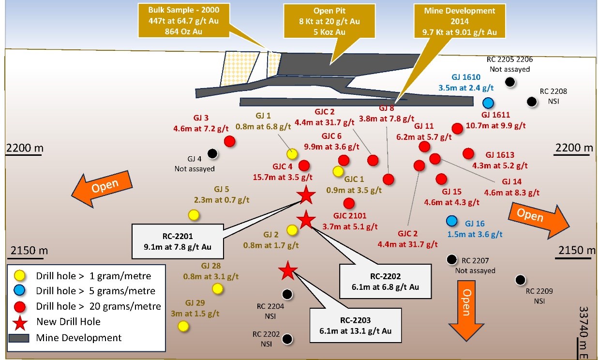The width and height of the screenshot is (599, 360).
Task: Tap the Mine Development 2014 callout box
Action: pos(459,19)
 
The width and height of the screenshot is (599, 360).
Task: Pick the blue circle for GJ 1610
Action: pos(488,103)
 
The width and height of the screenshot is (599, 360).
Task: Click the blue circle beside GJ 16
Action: pos(452,221)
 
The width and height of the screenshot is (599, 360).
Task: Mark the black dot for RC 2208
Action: pos(532,101)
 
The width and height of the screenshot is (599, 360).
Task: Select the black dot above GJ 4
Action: pos(212,153)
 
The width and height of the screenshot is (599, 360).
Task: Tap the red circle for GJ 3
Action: pos(229,141)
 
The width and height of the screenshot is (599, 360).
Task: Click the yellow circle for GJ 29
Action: pos(183,326)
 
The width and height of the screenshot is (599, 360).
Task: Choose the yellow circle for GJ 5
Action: pos(194,214)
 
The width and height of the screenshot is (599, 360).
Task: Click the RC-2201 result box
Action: pos(178,241)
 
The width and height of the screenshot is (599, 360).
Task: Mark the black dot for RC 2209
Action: pos(521,279)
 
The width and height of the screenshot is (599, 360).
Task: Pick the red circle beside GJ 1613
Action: pos(468,153)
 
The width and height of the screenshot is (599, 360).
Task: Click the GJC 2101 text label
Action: pos(349,215)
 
